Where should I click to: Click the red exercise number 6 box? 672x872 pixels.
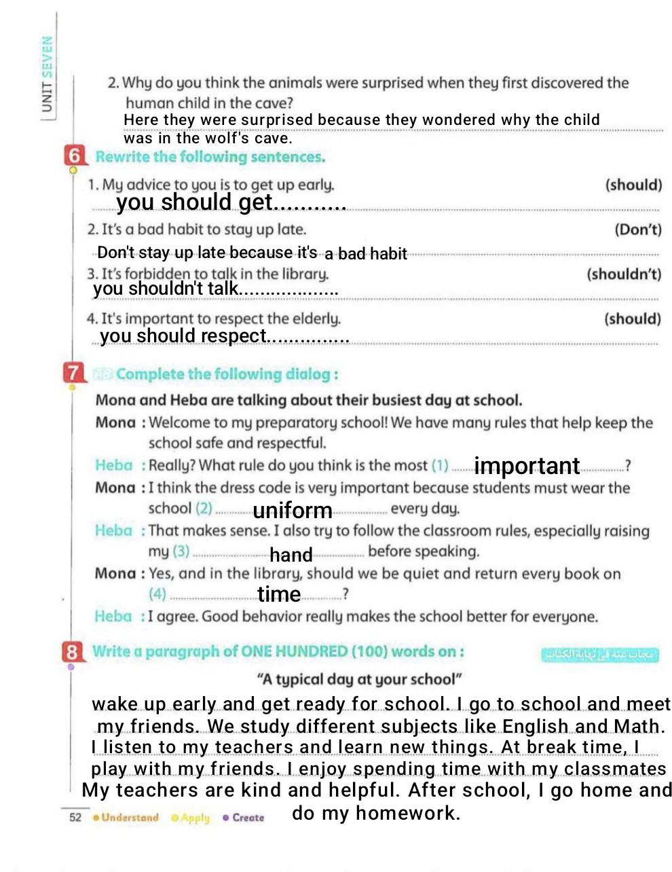75,156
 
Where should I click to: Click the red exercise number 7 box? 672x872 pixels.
73,373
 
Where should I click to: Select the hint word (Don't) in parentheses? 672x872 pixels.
637,230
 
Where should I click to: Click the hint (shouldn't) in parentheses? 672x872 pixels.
623,274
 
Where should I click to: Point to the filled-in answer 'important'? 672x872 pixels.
527,466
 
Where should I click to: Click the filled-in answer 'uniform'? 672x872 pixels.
293,510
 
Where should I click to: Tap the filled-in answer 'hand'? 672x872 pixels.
291,555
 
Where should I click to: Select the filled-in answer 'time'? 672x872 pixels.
278,594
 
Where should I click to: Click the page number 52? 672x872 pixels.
75,817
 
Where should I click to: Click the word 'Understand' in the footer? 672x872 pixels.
130,817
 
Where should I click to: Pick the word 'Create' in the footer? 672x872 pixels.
248,818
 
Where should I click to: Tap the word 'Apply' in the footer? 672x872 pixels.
195,818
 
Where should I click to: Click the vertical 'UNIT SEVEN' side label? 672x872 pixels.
47,75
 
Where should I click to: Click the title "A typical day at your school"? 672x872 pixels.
360,679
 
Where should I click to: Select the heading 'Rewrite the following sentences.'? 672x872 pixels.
210,157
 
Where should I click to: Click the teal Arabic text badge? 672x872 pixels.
600,655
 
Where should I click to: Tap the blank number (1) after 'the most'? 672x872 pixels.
440,466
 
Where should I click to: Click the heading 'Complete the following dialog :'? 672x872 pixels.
227,374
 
